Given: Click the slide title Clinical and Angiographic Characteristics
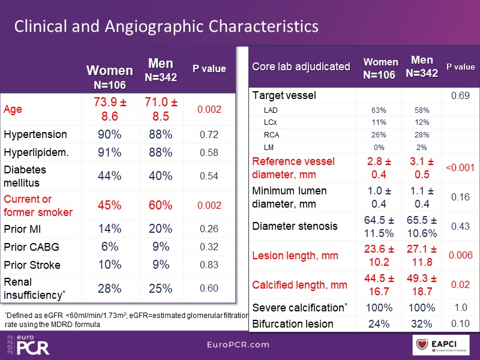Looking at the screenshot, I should tap(166, 27).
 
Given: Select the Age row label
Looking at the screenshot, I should tap(13, 110).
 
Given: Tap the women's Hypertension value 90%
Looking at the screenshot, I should tap(110, 134).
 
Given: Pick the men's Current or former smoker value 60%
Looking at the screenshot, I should tap(160, 205).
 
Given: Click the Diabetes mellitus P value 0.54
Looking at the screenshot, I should tap(209, 176).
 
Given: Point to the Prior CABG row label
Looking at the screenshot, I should tap(32, 247).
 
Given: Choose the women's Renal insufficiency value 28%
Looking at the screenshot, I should tap(110, 289).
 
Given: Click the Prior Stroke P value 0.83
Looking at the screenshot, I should tap(209, 264).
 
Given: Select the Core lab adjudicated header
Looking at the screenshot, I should tap(301, 67).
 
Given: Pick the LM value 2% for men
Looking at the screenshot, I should tap(422, 147).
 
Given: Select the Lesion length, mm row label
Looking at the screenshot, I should tap(294, 256).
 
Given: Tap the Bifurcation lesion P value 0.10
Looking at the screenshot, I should tap(460, 324).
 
